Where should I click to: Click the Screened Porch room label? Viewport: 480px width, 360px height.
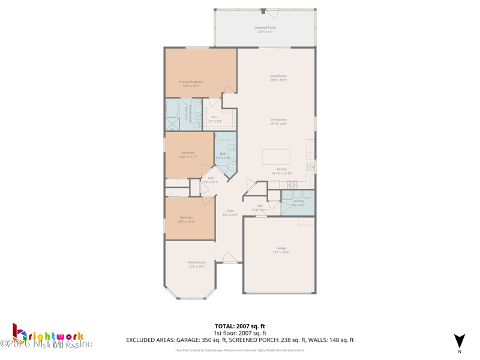tap(265, 29)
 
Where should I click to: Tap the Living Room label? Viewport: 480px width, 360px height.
tap(278, 78)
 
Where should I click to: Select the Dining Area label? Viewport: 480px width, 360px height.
tap(278, 121)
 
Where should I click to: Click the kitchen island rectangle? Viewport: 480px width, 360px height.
tap(276, 157)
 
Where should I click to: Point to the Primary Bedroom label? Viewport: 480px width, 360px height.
tap(191, 83)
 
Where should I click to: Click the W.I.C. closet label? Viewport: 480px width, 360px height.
tap(215, 119)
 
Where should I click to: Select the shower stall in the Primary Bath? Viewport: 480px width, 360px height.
tap(172, 125)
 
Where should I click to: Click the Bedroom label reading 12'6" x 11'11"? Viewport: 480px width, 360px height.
tap(188, 155)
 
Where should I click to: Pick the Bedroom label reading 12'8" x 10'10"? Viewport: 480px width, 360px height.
tap(186, 220)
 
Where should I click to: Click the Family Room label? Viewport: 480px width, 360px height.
tap(196, 264)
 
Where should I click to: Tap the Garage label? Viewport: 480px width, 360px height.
tap(281, 250)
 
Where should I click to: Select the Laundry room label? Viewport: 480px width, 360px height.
tap(298, 203)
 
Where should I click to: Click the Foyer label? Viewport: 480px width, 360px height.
tap(230, 212)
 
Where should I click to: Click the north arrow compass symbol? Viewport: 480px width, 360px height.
tap(459, 342)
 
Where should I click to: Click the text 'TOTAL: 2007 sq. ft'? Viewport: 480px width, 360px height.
tap(239, 326)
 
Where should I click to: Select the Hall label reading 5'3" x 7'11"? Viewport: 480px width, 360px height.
tap(211, 179)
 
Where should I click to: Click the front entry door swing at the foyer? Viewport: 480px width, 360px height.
tap(230, 257)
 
